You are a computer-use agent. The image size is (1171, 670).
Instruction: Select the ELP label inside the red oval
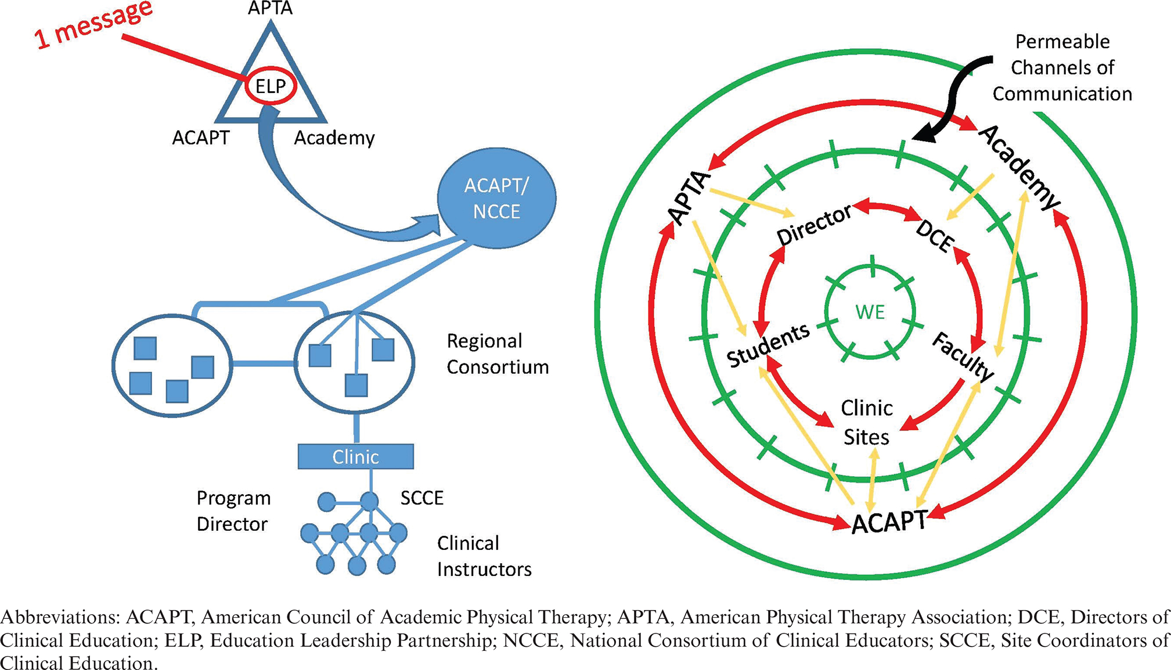pyautogui.click(x=271, y=87)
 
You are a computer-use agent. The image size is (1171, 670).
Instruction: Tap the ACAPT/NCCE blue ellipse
pyautogui.click(x=496, y=199)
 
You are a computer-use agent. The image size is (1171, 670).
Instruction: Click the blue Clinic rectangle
pyautogui.click(x=356, y=457)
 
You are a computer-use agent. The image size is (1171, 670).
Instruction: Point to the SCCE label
pyautogui.click(x=422, y=498)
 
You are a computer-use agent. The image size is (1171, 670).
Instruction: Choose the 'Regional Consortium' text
pyautogui.click(x=498, y=354)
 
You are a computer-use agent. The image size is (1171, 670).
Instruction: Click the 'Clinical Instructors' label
pyautogui.click(x=484, y=556)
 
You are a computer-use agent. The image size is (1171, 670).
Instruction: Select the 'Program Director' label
pyautogui.click(x=233, y=511)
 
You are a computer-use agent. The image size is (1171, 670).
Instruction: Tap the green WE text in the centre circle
pyautogui.click(x=870, y=312)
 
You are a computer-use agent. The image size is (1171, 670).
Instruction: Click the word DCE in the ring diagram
pyautogui.click(x=934, y=236)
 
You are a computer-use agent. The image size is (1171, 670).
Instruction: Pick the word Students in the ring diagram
pyautogui.click(x=768, y=345)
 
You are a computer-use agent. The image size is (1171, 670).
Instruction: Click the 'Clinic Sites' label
pyautogui.click(x=867, y=423)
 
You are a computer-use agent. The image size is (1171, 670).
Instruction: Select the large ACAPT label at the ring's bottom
pyautogui.click(x=889, y=521)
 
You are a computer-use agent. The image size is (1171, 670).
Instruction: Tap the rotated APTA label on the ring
pyautogui.click(x=690, y=198)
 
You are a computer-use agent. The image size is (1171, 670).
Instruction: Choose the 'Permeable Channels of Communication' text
pyautogui.click(x=1062, y=67)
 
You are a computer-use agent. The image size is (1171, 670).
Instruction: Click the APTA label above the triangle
pyautogui.click(x=271, y=9)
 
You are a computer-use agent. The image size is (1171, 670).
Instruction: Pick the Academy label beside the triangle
pyautogui.click(x=334, y=138)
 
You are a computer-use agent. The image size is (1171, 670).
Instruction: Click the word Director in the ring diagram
pyautogui.click(x=814, y=225)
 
